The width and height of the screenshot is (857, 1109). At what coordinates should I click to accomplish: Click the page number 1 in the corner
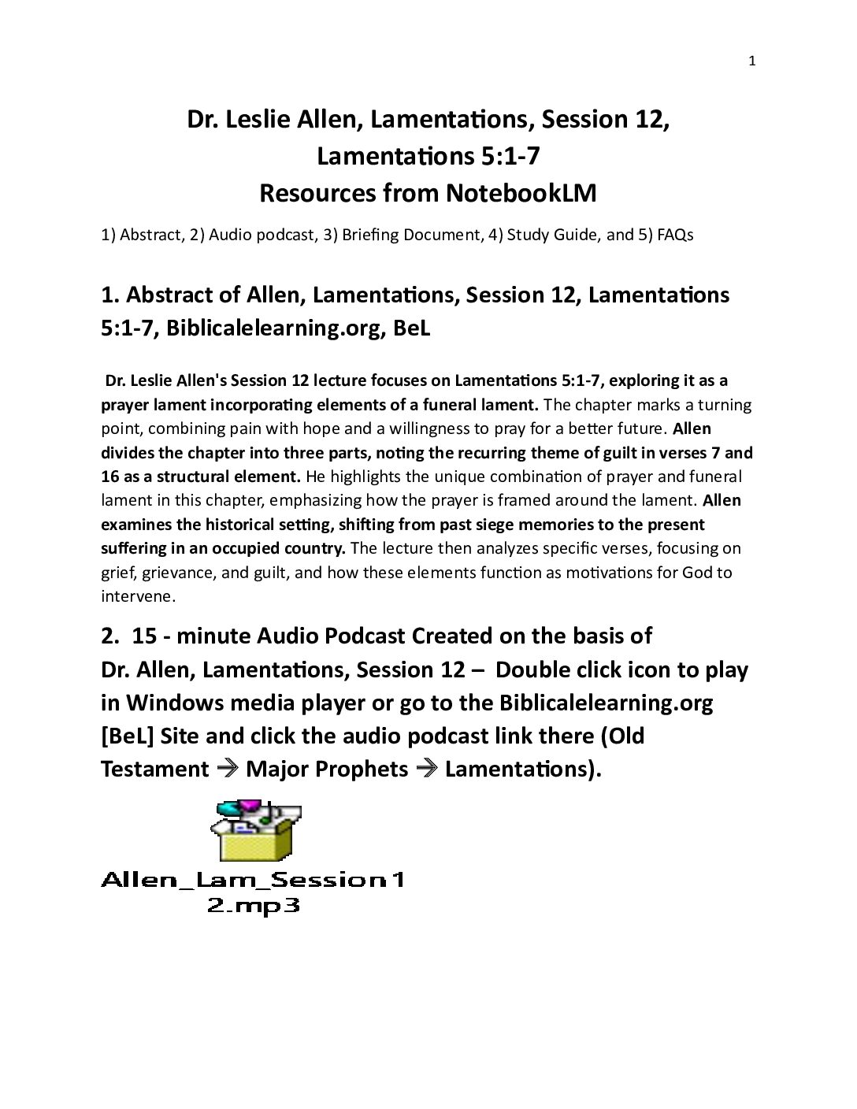click(x=751, y=61)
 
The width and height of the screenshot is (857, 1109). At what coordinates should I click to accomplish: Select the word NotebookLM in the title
click(x=521, y=193)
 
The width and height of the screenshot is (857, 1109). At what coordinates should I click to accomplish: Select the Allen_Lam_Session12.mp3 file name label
click(x=253, y=891)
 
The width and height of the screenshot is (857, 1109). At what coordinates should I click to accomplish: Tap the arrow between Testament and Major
click(x=228, y=769)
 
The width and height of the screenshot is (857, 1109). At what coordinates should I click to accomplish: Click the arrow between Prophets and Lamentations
click(x=427, y=769)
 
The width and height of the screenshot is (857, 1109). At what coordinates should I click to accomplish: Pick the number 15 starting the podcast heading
click(x=146, y=636)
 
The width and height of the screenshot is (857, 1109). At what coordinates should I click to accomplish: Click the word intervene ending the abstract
click(x=136, y=596)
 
